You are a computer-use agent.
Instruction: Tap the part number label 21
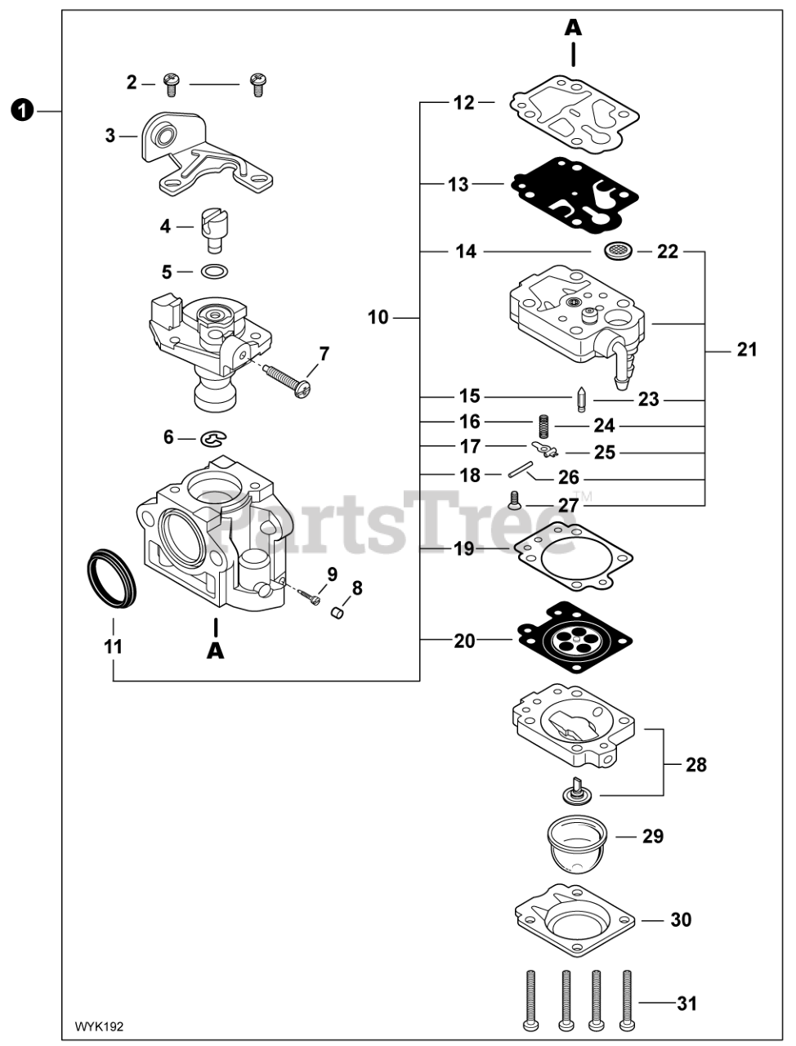(x=746, y=351)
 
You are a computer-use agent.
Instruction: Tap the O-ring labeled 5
(x=214, y=271)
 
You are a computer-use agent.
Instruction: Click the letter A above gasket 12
(x=574, y=28)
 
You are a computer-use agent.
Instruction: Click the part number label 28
(x=696, y=765)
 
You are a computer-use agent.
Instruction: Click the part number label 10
(x=378, y=317)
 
